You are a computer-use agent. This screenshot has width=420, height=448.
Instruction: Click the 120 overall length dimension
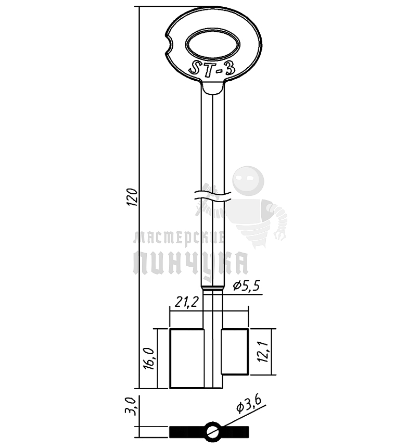coord(133,197)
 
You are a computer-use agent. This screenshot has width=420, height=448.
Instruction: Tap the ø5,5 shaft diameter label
coord(247,285)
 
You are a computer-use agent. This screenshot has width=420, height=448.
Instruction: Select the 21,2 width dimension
coord(186,302)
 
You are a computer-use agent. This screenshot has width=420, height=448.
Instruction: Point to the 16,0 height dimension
coord(149,358)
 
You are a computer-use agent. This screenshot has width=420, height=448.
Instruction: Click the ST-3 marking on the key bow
coord(212,69)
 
